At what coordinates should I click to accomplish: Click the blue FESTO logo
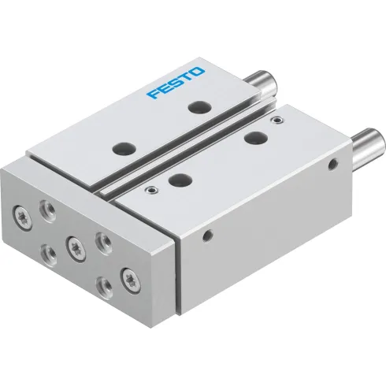click(x=176, y=83)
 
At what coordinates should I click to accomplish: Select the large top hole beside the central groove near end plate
click(x=180, y=179)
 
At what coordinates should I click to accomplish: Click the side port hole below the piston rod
click(x=332, y=165)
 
